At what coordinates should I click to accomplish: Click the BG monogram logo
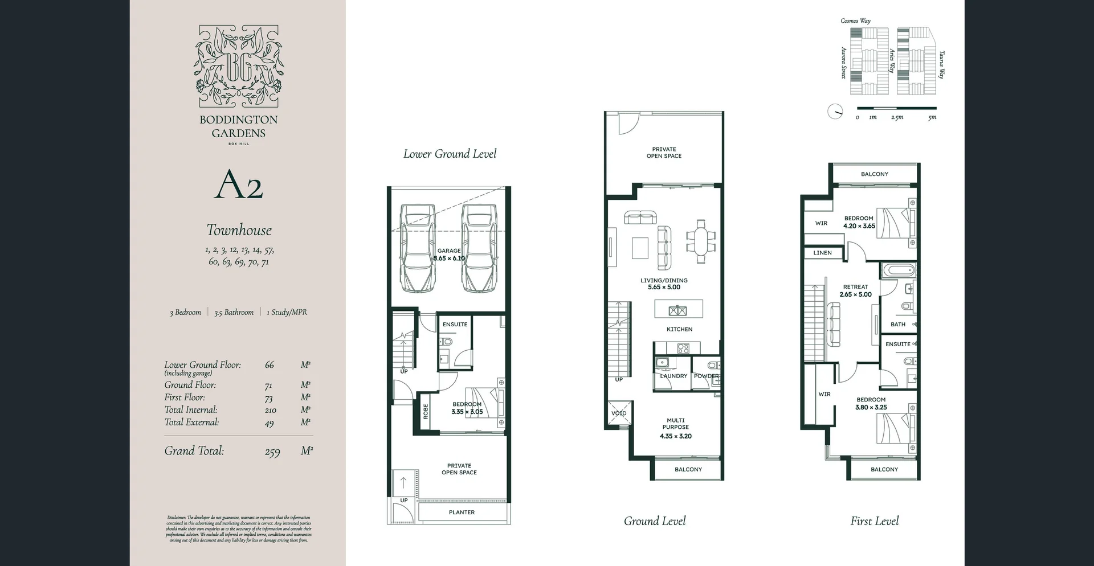tap(239, 66)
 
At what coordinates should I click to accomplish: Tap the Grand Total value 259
tap(272, 452)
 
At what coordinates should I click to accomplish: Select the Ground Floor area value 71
tap(268, 385)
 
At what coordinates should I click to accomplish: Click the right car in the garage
tap(479, 248)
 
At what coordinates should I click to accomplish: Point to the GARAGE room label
tap(449, 251)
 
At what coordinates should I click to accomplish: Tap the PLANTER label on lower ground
tap(462, 512)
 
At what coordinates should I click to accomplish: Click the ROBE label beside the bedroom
tap(426, 412)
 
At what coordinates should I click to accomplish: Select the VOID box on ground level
tap(619, 413)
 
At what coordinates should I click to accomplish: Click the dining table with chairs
tap(701, 241)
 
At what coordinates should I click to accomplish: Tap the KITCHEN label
tap(679, 329)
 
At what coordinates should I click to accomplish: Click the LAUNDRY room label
tap(673, 376)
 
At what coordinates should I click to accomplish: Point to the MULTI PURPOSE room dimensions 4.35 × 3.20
tap(676, 436)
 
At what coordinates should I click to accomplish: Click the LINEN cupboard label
tap(822, 253)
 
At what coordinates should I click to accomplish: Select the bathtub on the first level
tap(898, 270)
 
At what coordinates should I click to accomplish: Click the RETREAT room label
tap(855, 287)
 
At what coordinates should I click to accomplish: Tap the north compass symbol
tap(835, 112)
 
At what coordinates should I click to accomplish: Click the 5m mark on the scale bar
tap(932, 117)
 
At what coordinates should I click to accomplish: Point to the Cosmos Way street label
tap(855, 21)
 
